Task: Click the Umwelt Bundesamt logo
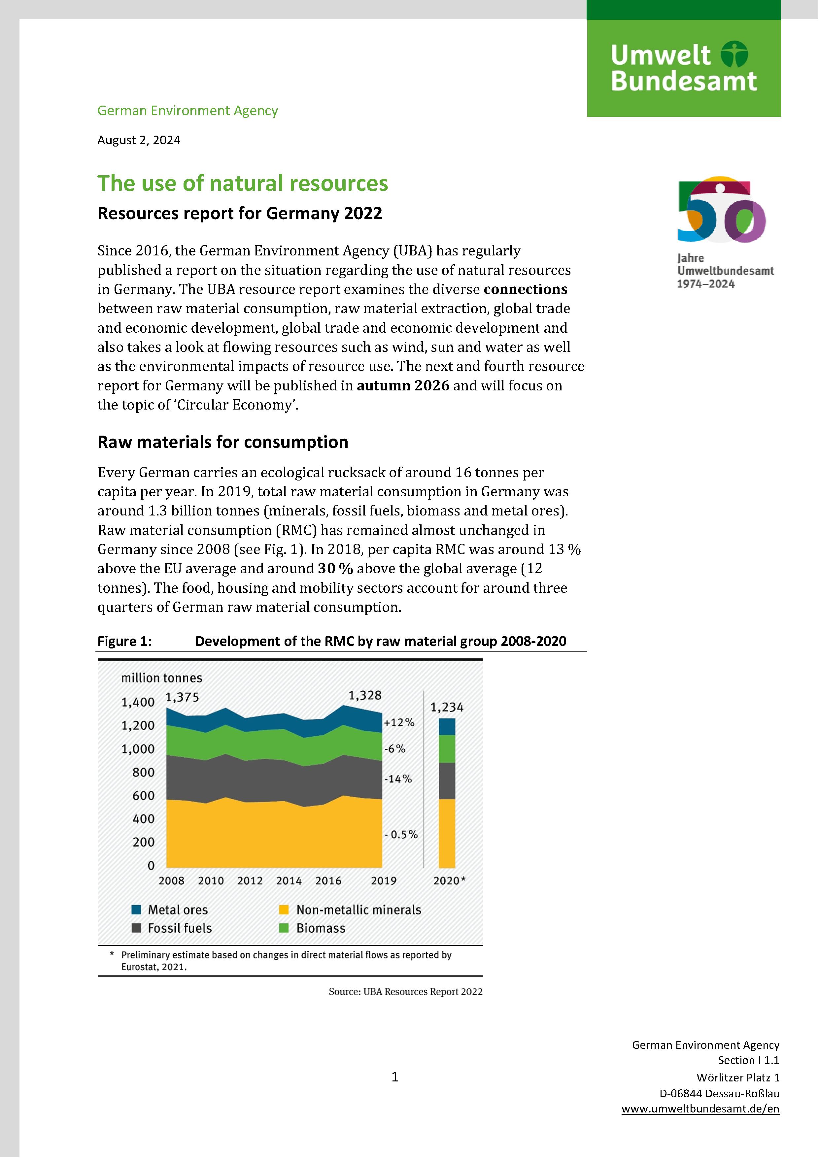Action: (683, 68)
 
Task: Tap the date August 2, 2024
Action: (139, 140)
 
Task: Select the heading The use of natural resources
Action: (243, 183)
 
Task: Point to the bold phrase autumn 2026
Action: (403, 386)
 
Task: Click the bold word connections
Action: (525, 289)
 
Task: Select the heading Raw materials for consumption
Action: (222, 442)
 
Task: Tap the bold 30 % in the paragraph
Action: (335, 568)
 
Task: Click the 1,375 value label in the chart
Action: (182, 698)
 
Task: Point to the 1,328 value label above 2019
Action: (365, 696)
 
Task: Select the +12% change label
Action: (399, 722)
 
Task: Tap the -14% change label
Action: (398, 779)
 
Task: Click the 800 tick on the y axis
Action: (143, 772)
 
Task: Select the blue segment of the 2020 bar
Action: (447, 727)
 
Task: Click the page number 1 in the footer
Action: (395, 1077)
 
